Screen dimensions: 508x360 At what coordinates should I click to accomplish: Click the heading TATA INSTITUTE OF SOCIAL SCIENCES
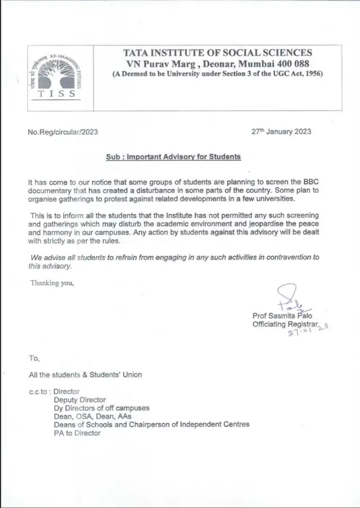[217, 53]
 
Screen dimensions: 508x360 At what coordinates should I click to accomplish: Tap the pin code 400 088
[294, 63]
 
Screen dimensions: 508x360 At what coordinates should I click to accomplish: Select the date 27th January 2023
[281, 132]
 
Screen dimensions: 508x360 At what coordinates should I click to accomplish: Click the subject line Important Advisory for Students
[173, 156]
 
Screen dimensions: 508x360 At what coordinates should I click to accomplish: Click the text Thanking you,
[52, 282]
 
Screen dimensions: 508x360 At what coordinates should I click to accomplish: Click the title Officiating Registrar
[285, 325]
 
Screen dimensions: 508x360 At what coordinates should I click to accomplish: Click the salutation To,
[34, 358]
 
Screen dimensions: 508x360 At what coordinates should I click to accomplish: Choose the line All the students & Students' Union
[85, 374]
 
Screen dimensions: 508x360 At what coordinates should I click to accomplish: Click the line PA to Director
[77, 433]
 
